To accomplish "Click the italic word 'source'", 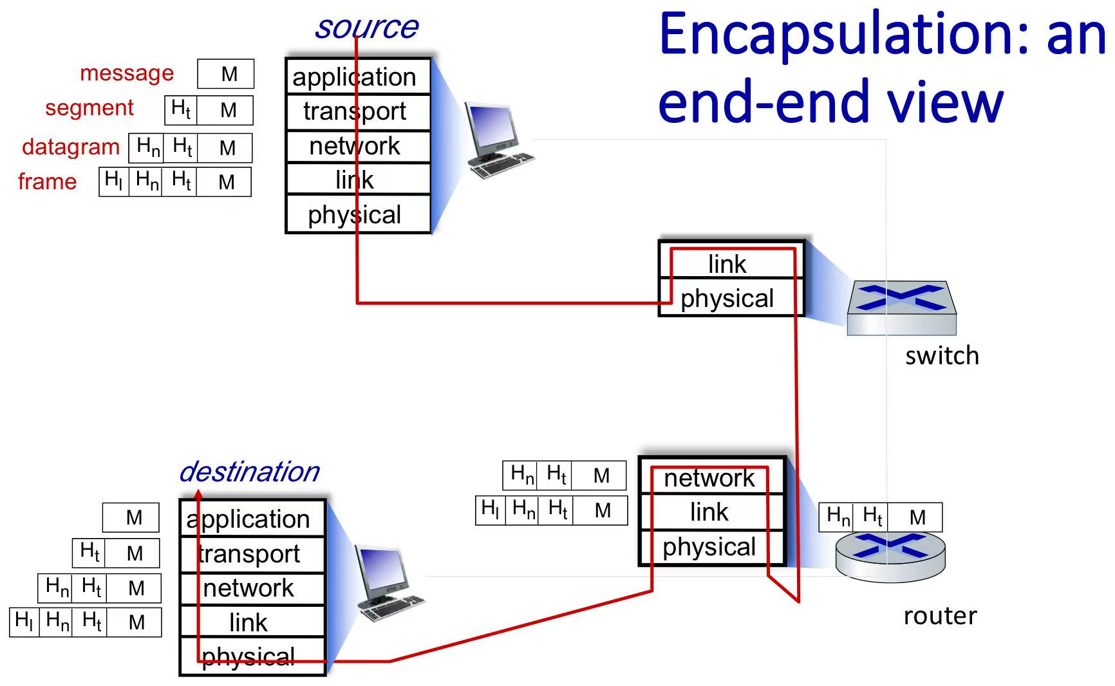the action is pos(366,28).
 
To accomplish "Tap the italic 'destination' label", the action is pos(249,472).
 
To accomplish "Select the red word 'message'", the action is pos(127,73).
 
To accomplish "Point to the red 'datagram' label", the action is pos(71,147).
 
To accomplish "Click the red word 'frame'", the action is pos(47,181).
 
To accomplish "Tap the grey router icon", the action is pos(890,557).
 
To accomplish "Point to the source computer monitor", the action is pos(492,129).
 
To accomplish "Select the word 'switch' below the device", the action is pos(942,356).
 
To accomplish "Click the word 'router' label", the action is pos(940,616).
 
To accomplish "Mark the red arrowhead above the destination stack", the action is pos(198,494).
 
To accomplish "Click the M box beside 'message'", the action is pos(226,74).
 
